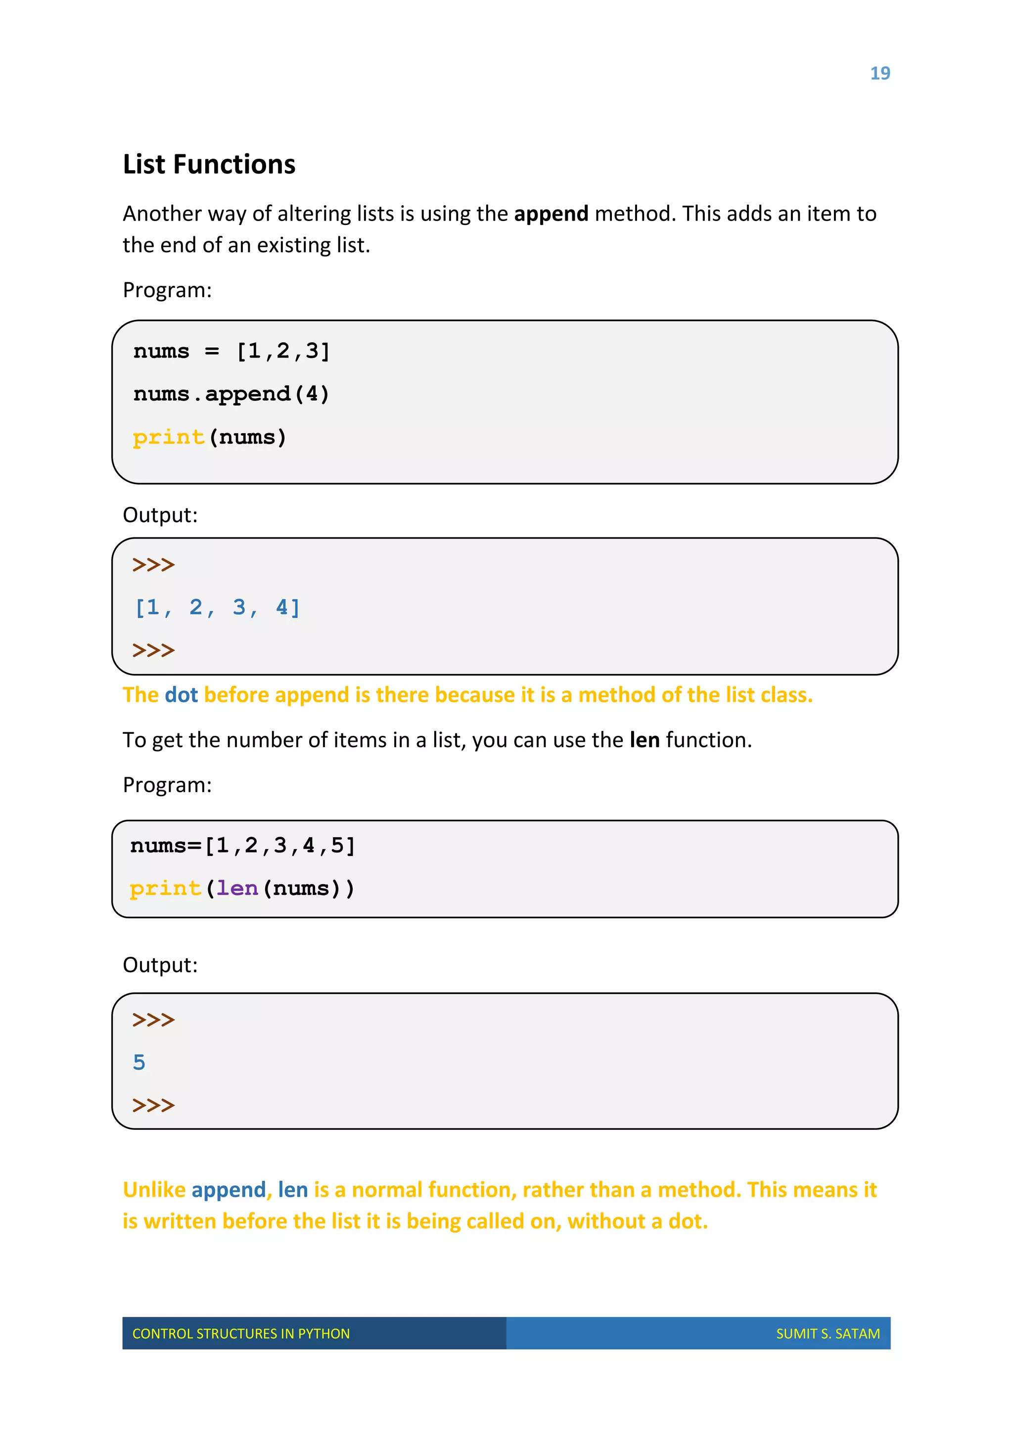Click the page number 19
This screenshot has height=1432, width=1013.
[879, 74]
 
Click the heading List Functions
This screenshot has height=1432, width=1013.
[209, 165]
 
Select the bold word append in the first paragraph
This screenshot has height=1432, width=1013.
[551, 214]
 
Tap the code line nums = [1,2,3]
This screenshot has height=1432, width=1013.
[231, 352]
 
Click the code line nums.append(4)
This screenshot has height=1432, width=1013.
[231, 394]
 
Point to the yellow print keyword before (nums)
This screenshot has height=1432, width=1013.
[168, 437]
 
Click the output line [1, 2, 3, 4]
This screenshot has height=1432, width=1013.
[218, 608]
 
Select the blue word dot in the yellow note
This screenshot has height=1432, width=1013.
[181, 695]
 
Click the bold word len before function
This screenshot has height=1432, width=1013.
[645, 740]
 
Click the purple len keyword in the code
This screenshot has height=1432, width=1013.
[237, 888]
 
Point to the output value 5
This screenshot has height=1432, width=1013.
[139, 1062]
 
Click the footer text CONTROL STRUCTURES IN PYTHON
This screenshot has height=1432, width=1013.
[241, 1334]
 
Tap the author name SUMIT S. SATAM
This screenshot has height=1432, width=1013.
[828, 1334]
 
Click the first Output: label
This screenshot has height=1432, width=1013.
[160, 515]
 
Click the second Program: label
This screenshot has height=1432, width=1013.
[167, 785]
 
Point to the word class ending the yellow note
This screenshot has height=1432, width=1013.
[786, 695]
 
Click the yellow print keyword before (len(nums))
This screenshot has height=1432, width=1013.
[165, 888]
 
